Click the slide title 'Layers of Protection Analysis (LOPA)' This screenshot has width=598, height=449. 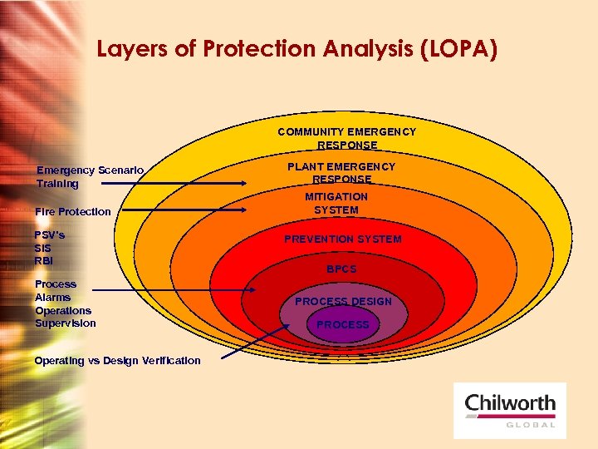pyautogui.click(x=297, y=50)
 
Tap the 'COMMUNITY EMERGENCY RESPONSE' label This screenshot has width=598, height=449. pyautogui.click(x=346, y=138)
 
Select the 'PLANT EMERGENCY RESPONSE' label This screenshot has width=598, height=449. pyautogui.click(x=341, y=173)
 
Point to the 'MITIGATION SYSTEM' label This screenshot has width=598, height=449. pyautogui.click(x=336, y=203)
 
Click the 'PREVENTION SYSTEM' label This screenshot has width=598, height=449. pyautogui.click(x=342, y=239)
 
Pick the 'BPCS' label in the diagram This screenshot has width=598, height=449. pyautogui.click(x=341, y=269)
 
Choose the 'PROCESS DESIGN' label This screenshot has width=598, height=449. pyautogui.click(x=343, y=301)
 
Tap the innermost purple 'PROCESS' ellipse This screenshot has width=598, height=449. pyautogui.click(x=343, y=325)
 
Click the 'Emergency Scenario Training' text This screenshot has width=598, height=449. pyautogui.click(x=90, y=177)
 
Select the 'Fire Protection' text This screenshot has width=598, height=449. pyautogui.click(x=73, y=212)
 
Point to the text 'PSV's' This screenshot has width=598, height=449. pyautogui.click(x=50, y=234)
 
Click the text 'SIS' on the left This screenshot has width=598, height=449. pyautogui.click(x=43, y=248)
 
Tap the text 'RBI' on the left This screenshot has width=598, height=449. pyautogui.click(x=44, y=261)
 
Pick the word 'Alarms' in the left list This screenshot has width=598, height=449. pyautogui.click(x=53, y=298)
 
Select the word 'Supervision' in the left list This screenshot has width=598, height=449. pyautogui.click(x=66, y=323)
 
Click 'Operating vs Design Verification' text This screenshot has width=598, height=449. pyautogui.click(x=118, y=361)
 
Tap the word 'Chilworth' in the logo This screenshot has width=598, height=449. pyautogui.click(x=510, y=404)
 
